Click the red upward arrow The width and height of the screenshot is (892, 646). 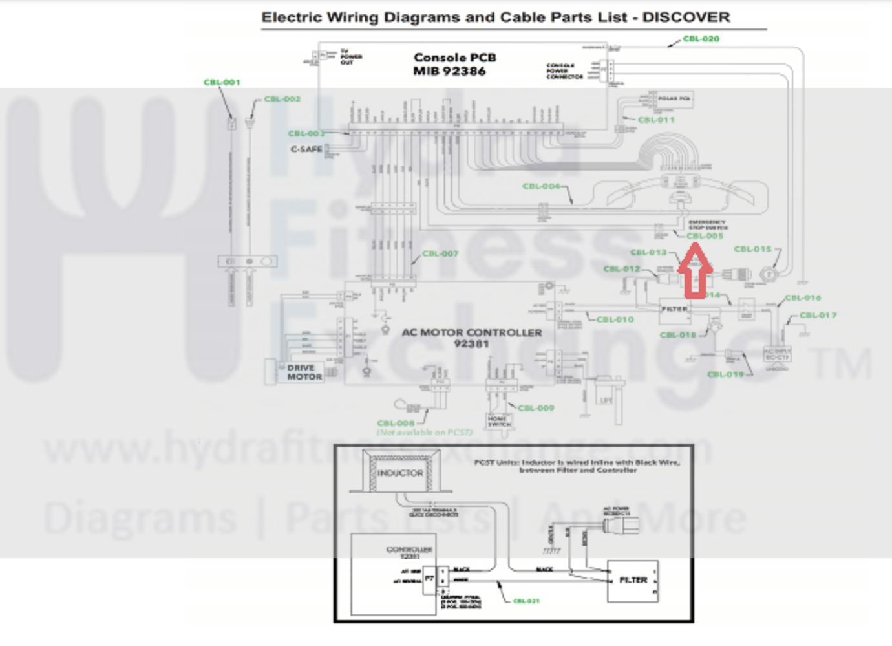(695, 275)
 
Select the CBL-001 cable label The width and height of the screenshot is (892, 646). (222, 83)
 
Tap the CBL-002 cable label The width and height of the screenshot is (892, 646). (282, 100)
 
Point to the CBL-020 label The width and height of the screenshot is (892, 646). (701, 39)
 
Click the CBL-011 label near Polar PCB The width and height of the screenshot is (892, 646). (656, 120)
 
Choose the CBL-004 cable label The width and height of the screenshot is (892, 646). (542, 186)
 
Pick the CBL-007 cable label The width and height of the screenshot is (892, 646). (440, 253)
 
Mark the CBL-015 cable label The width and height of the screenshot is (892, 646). (753, 249)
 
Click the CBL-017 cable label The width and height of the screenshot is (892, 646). (818, 315)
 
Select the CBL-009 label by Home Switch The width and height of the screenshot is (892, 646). (536, 408)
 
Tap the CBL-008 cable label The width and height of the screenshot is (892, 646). (396, 424)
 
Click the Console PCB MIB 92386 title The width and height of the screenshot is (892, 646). (454, 64)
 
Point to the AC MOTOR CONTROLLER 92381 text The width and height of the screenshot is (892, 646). (472, 338)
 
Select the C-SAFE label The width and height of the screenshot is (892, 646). (306, 149)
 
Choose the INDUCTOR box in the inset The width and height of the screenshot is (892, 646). (399, 473)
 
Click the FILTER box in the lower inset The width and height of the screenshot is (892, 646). (633, 581)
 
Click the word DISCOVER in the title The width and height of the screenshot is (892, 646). (686, 17)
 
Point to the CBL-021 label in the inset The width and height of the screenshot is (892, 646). (526, 601)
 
